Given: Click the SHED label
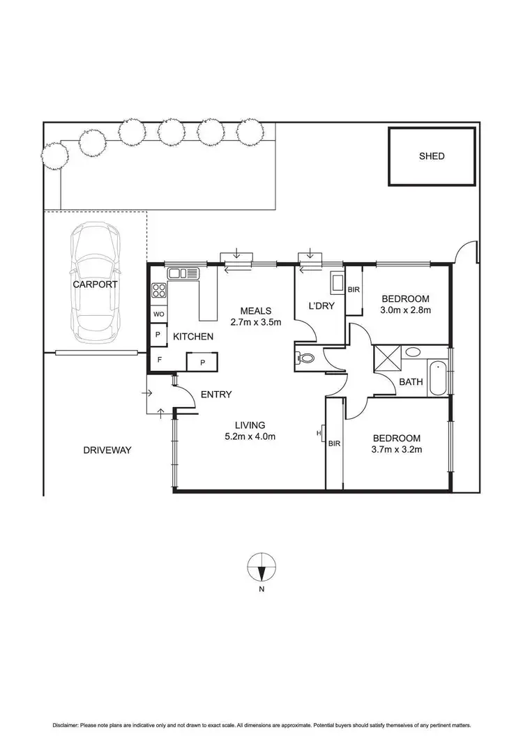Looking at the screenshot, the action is point(431,156).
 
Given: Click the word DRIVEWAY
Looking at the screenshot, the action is point(107,450).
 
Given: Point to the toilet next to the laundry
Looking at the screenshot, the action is point(305,358).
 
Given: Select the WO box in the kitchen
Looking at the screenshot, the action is point(159,314).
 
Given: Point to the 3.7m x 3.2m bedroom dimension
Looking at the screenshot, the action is point(397,450).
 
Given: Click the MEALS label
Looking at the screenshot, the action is point(256,311).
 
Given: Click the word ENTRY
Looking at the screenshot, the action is point(215,395).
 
